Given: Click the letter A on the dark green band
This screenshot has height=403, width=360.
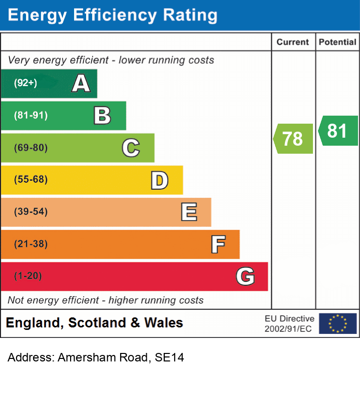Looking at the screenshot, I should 81,83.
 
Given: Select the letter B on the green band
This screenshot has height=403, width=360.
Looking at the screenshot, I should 102,116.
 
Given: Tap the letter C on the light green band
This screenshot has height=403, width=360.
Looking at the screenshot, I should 131,148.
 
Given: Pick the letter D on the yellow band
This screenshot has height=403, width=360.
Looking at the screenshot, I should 159,180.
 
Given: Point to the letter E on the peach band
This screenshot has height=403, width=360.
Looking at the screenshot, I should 188,212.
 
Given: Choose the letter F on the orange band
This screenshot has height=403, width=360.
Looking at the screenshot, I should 217,244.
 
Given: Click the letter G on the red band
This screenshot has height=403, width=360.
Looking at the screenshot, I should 245,276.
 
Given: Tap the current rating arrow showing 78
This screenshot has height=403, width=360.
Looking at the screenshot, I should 293,138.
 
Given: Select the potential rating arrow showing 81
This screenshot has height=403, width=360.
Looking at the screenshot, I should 337,131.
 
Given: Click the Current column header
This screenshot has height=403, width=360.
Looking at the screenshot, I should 293,42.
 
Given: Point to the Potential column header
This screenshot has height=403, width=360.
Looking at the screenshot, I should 337,42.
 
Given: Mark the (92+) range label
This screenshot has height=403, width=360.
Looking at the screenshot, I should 26,83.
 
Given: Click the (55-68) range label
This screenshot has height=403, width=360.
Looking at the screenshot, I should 31,179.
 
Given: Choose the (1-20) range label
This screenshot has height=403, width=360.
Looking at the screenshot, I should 28,276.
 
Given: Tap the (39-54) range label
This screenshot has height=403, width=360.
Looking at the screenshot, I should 31,212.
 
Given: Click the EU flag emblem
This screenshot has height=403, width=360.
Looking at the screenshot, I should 337,323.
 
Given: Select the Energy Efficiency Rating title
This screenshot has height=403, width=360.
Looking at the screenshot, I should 113,15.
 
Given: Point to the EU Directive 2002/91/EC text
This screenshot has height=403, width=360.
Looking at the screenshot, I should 289,323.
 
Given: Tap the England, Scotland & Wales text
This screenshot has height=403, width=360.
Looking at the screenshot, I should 94,323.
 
